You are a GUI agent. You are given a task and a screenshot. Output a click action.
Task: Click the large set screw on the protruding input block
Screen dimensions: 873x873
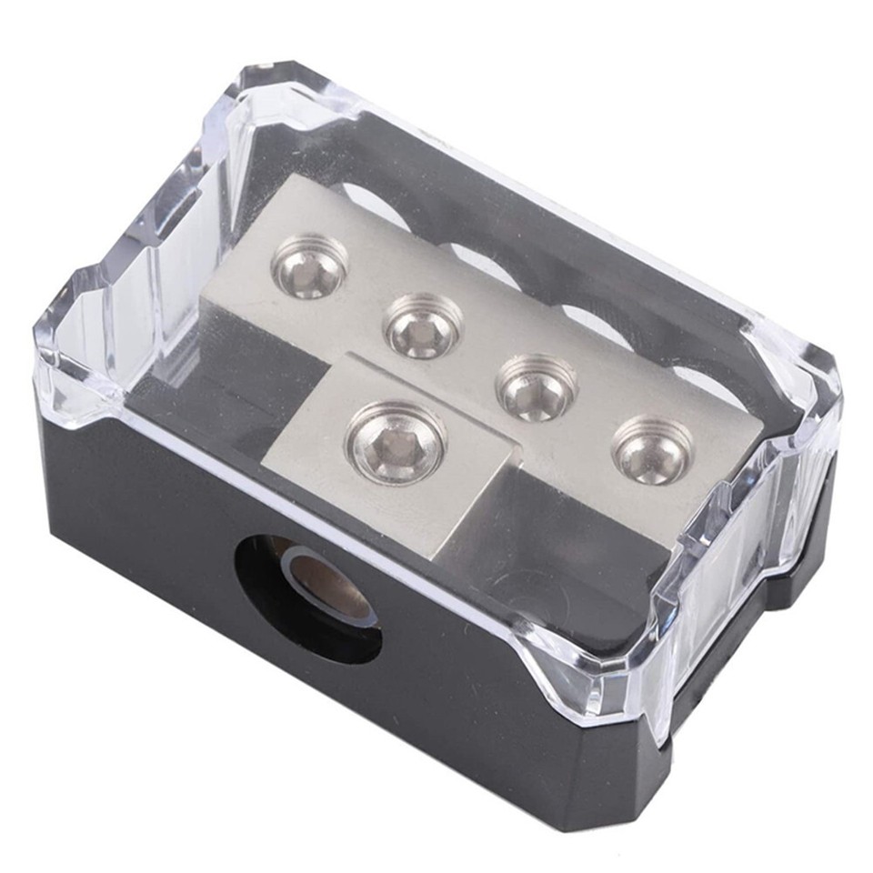[x=396, y=443]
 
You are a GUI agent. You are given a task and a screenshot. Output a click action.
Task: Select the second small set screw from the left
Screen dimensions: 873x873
[x=423, y=327]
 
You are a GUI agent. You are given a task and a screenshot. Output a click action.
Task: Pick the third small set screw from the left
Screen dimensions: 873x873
[x=537, y=386]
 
